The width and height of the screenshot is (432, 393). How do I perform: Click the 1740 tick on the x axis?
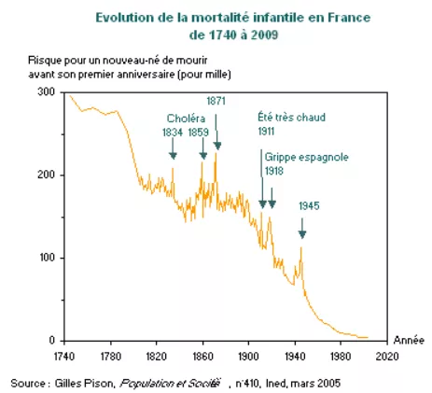64,356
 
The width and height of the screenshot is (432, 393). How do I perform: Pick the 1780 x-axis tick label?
110,356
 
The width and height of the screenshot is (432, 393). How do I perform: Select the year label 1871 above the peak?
216,99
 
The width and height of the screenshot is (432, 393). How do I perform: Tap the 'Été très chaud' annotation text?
289,118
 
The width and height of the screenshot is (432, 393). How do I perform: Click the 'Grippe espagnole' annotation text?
307,158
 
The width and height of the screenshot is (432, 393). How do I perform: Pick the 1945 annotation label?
309,205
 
